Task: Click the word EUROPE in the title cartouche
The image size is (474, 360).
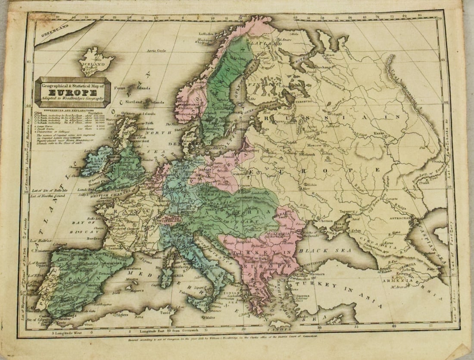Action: [x=72, y=92]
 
